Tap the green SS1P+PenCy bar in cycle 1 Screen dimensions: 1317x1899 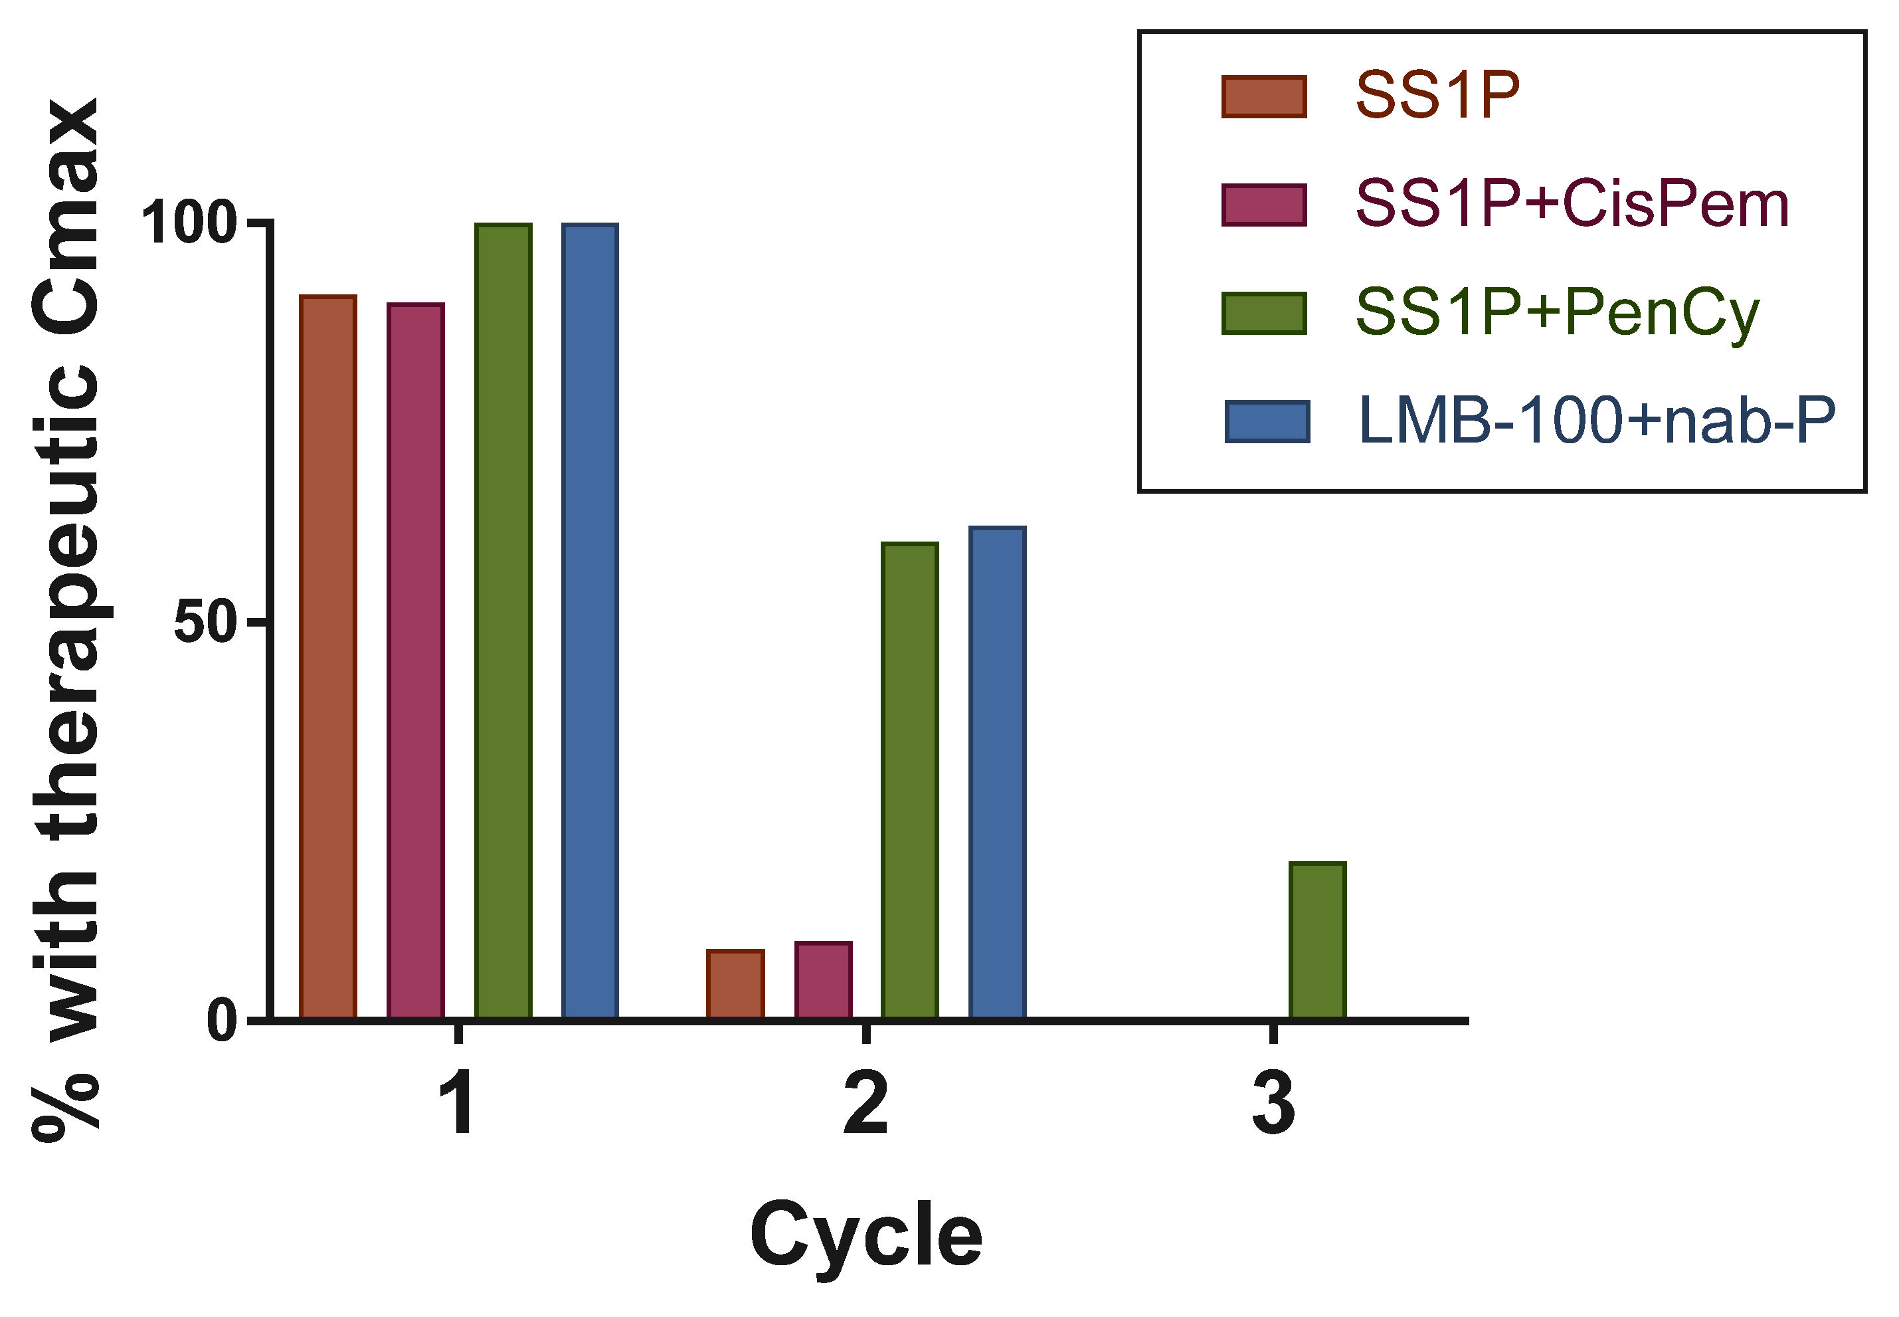pyautogui.click(x=502, y=621)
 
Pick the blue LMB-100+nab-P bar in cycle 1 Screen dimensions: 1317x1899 pyautogui.click(x=590, y=621)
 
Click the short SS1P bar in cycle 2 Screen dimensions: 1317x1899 pyautogui.click(x=735, y=985)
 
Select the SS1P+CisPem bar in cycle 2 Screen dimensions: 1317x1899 pyautogui.click(x=822, y=980)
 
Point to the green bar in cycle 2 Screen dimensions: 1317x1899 pyautogui.click(x=910, y=781)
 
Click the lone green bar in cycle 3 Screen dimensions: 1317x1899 pyautogui.click(x=1317, y=941)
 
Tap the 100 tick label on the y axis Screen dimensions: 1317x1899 pyautogui.click(x=190, y=223)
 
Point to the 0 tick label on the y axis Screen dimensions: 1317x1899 pyautogui.click(x=222, y=1021)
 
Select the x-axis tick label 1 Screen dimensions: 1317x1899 pyautogui.click(x=456, y=1106)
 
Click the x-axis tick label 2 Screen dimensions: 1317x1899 pyautogui.click(x=865, y=1106)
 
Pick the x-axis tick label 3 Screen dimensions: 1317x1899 pyautogui.click(x=1273, y=1106)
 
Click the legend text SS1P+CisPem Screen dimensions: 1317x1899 pyautogui.click(x=1572, y=204)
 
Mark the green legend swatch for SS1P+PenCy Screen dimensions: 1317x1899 pyautogui.click(x=1264, y=314)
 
